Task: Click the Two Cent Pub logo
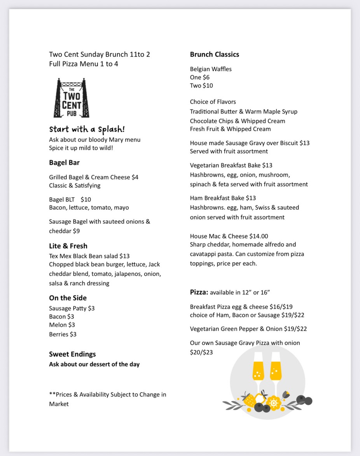(x=71, y=98)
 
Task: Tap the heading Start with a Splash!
(x=87, y=130)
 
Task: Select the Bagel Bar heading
(x=64, y=163)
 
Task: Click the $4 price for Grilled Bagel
(x=135, y=177)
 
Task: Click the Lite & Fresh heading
(x=68, y=246)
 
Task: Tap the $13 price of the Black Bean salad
(x=124, y=256)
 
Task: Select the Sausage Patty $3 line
(x=72, y=308)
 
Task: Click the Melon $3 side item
(x=62, y=325)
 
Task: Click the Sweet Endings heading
(x=72, y=354)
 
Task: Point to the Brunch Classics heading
(x=214, y=54)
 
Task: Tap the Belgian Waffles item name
(x=210, y=69)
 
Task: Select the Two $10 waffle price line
(x=201, y=86)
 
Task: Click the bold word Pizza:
(x=199, y=292)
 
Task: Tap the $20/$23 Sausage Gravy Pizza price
(x=201, y=353)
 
